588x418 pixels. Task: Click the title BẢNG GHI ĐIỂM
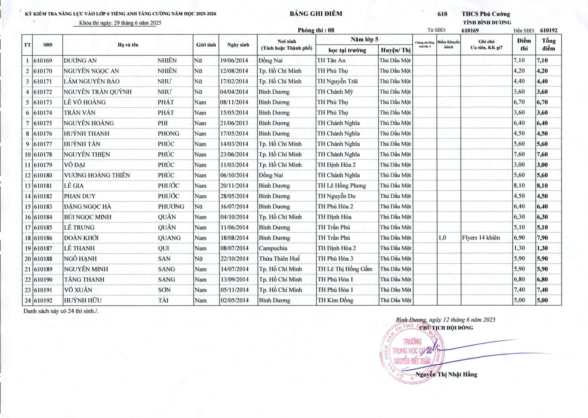[x=316, y=14]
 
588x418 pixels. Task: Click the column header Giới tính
[x=206, y=45]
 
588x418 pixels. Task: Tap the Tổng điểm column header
[x=548, y=44]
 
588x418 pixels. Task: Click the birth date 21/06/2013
[x=234, y=123]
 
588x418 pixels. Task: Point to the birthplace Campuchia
[x=273, y=248]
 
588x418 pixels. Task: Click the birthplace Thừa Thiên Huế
[x=279, y=259]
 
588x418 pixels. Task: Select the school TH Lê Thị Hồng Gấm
[x=345, y=269]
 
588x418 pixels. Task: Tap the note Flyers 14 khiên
[x=481, y=237]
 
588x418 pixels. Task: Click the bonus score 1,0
[x=442, y=237]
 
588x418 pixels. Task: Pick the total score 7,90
[x=543, y=238]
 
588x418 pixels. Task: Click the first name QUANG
[x=169, y=238]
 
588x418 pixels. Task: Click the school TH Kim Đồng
[x=335, y=300]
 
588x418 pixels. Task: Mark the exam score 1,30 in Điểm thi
[x=519, y=248]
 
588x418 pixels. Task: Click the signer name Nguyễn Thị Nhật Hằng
[x=446, y=374]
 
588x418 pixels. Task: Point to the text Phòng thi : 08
[x=316, y=30]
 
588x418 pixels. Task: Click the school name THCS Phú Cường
[x=486, y=14]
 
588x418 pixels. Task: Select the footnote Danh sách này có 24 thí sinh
[x=61, y=311]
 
